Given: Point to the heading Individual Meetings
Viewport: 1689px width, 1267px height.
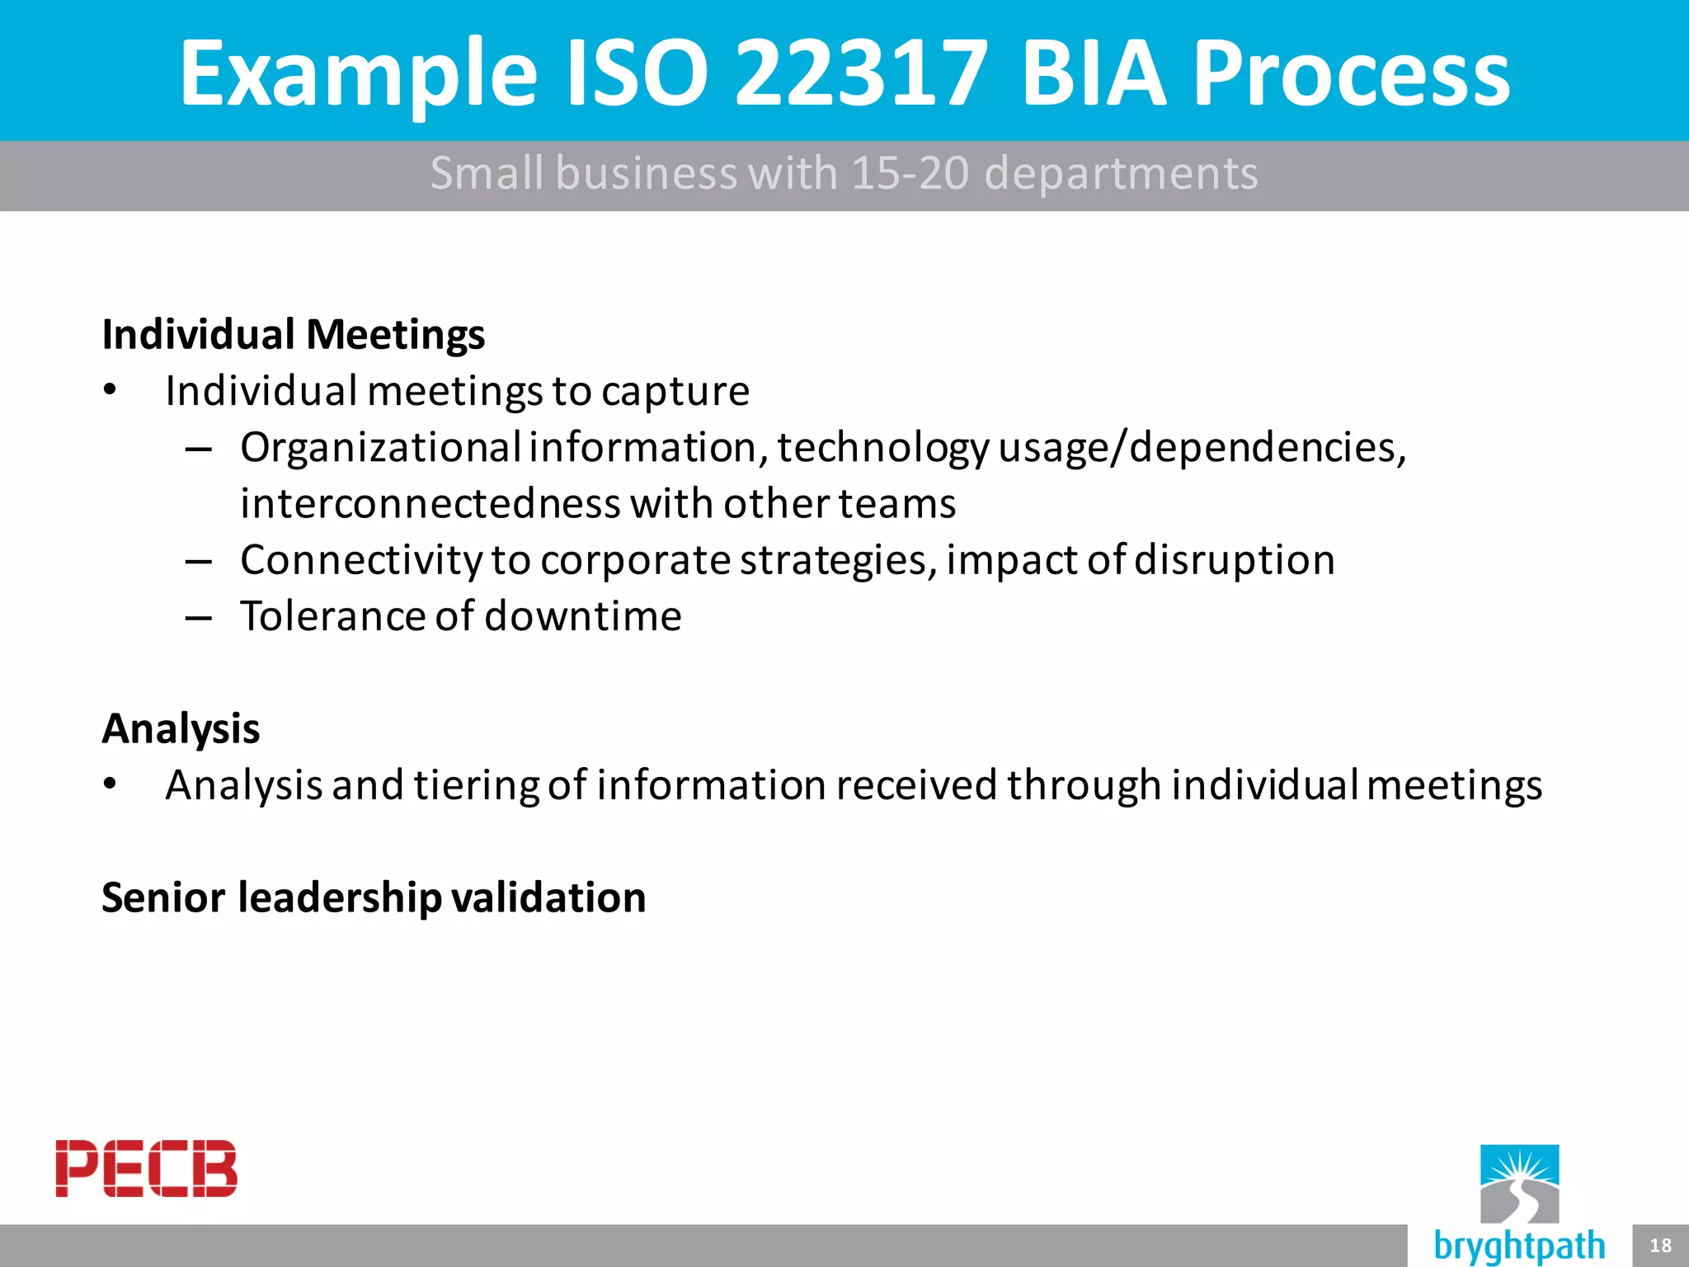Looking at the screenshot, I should coord(294,335).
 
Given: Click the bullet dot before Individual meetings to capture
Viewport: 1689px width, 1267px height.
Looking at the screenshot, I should coord(111,389).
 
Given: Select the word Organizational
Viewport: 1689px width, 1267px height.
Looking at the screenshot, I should coord(380,448).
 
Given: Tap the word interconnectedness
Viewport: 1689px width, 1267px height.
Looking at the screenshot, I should coord(430,504).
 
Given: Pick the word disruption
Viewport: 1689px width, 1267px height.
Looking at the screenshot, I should coord(1235,560).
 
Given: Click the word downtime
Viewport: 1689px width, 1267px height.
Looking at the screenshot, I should coord(583,616).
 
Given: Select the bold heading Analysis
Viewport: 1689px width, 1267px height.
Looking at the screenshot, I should coord(181,729).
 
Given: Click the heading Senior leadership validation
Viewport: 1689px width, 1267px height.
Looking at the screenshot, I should coord(374,897).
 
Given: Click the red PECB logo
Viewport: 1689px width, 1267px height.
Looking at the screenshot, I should coord(146,1168).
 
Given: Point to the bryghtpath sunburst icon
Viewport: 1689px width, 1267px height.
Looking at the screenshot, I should coord(1519,1183).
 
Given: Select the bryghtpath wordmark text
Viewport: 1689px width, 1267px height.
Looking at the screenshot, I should coord(1519,1246).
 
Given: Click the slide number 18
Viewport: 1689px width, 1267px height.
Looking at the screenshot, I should coord(1660,1246).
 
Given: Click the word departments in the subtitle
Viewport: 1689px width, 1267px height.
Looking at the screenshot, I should coord(1121,173).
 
